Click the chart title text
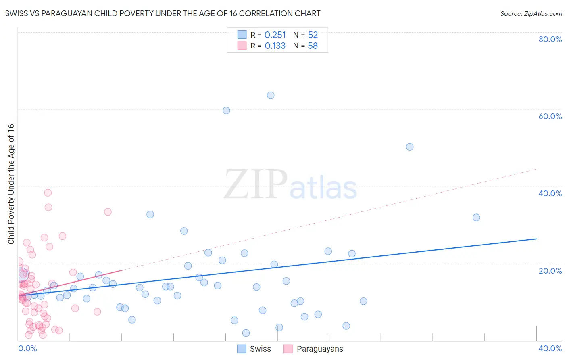click(163, 13)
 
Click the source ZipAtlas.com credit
click(531, 13)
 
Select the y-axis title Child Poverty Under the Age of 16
click(11, 184)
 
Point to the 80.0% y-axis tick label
click(550, 39)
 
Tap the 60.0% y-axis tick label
click(550, 116)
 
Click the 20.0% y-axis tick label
click(550, 271)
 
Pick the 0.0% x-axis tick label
click(27, 348)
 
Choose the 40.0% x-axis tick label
click(550, 348)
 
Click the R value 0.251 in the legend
click(275, 35)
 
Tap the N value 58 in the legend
click(313, 46)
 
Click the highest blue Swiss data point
click(271, 96)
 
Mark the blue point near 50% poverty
click(410, 147)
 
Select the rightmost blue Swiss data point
click(476, 218)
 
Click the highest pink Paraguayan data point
click(48, 193)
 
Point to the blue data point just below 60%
click(226, 111)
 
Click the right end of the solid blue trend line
click(536, 239)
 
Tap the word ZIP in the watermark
click(256, 184)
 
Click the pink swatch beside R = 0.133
click(242, 46)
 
